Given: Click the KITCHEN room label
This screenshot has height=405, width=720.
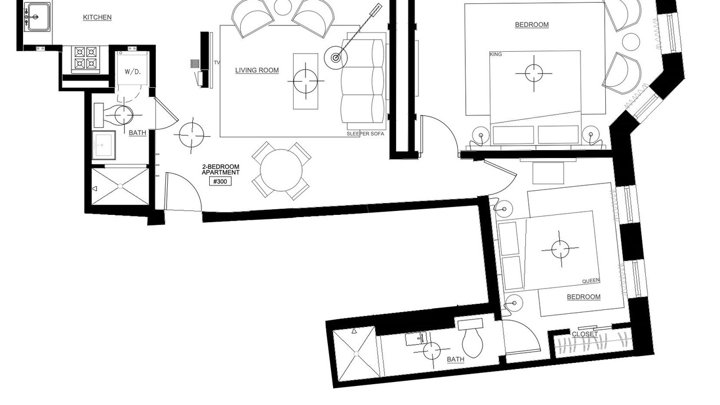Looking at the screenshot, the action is [x=97, y=17].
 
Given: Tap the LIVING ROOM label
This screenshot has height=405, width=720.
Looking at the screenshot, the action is [x=257, y=70].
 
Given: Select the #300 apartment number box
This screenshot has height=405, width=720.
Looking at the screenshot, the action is [x=220, y=182].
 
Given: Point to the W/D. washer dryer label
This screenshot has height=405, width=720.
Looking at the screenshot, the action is [x=133, y=71].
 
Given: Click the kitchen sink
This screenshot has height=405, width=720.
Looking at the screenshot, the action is [x=38, y=16].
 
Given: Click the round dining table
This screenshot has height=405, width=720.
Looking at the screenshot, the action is [x=281, y=170].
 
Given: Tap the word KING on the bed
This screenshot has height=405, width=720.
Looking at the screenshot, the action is [x=496, y=55].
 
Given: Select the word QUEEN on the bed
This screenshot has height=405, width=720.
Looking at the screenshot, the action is [x=591, y=281].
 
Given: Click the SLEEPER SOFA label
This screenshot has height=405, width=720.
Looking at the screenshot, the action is [x=366, y=134].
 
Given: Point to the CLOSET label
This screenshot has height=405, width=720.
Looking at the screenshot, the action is [x=584, y=334].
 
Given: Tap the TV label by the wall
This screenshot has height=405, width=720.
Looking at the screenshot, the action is [x=217, y=62].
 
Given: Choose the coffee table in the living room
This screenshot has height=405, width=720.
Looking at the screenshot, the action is [x=305, y=82].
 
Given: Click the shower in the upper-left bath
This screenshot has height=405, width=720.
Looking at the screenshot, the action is [x=120, y=186].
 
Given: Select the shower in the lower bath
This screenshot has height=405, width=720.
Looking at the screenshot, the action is [x=357, y=354].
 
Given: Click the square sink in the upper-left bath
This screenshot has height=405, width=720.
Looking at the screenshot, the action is [x=104, y=145].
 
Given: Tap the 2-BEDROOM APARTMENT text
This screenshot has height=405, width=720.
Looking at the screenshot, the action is [x=220, y=170].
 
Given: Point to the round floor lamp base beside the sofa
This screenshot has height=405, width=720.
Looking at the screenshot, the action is [x=336, y=58].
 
